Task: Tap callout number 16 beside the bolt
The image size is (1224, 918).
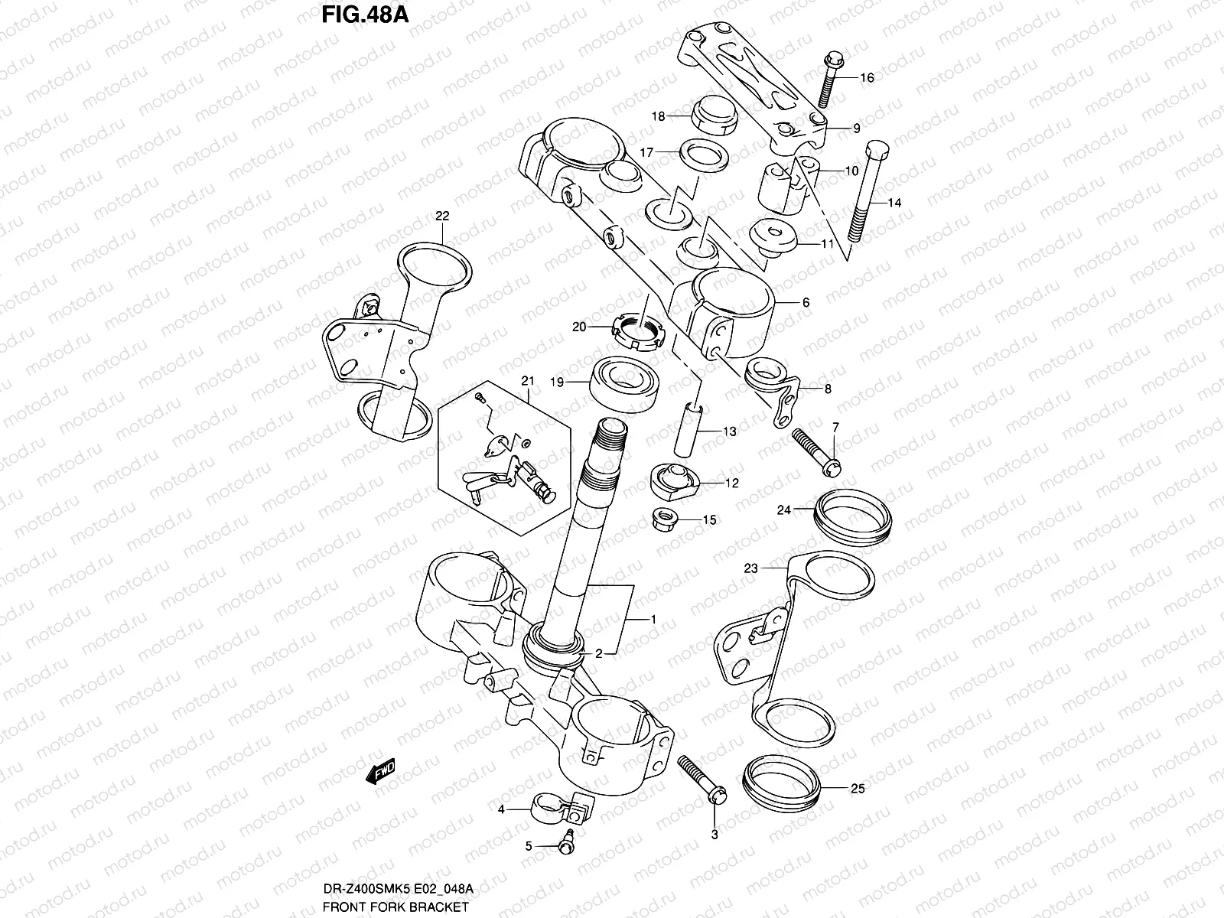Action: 867,78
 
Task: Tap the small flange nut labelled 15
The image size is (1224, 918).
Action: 666,520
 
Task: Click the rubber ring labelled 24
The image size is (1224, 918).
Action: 852,516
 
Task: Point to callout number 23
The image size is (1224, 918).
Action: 750,568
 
